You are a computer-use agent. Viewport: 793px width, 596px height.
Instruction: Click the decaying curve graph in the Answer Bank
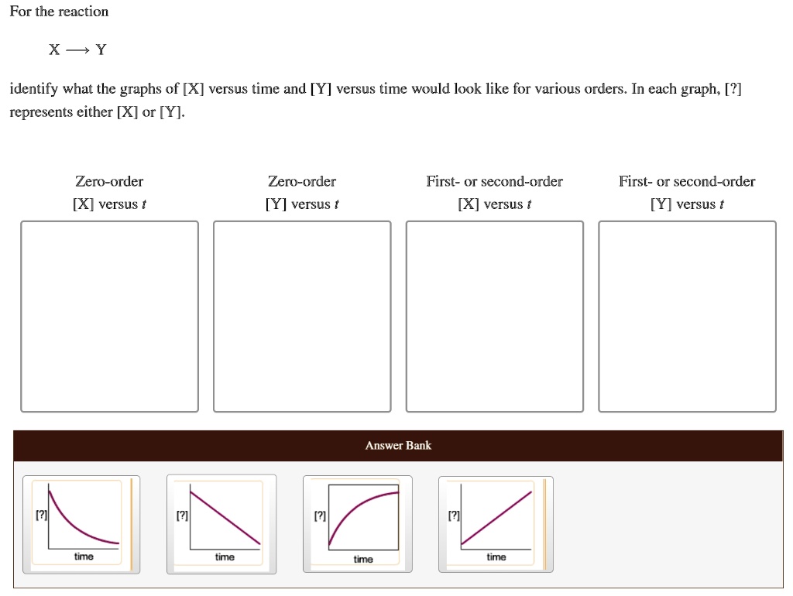tap(81, 524)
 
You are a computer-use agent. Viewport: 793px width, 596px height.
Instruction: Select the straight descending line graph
tap(222, 524)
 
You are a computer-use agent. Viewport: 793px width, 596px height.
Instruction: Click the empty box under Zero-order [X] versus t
tap(109, 317)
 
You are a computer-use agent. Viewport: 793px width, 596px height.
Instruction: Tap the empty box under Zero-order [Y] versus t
tap(302, 317)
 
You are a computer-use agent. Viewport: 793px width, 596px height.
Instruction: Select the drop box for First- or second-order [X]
tap(495, 317)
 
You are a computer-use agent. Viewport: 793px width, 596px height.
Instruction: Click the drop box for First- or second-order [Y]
tap(687, 317)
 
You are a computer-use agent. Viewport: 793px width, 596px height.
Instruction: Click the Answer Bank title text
tap(398, 445)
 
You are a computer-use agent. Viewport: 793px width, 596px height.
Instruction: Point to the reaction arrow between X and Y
tap(77, 51)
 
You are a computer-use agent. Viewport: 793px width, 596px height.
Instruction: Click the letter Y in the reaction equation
tap(101, 51)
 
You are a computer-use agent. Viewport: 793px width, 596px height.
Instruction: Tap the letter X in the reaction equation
tap(53, 51)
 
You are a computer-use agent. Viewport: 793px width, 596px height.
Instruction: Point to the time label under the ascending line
tap(496, 557)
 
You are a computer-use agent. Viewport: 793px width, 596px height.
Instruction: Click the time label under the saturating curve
tap(363, 559)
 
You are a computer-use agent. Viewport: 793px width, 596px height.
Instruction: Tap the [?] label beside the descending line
tap(181, 515)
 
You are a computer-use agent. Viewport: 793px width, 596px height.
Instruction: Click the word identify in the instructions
tap(33, 89)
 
